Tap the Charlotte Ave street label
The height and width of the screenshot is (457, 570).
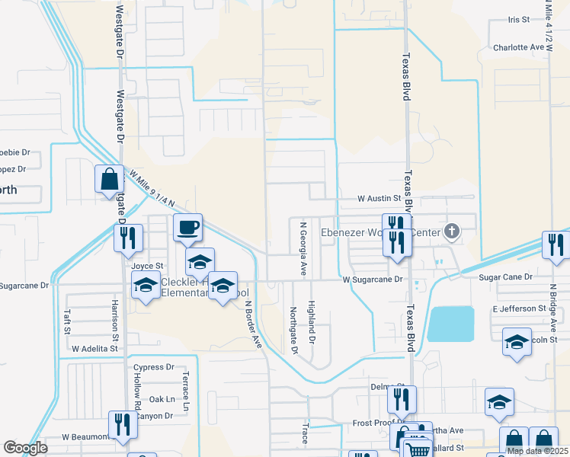(518, 47)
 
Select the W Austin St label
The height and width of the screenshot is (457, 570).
(379, 198)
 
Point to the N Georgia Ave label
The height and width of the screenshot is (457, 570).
(303, 248)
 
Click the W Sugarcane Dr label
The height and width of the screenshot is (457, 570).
(373, 280)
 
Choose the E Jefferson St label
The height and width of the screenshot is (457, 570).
(520, 308)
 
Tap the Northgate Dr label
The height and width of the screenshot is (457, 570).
(293, 330)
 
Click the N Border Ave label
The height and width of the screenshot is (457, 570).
(253, 324)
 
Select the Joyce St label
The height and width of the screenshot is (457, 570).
(147, 266)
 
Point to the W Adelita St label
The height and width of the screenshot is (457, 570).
(94, 347)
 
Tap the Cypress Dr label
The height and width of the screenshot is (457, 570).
(153, 367)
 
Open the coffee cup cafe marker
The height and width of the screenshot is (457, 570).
(187, 226)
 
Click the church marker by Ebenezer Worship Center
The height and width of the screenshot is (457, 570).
(451, 231)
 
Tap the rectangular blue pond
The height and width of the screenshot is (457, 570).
(450, 324)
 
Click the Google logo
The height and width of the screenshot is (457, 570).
(25, 448)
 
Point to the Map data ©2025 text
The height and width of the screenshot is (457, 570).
(536, 451)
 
